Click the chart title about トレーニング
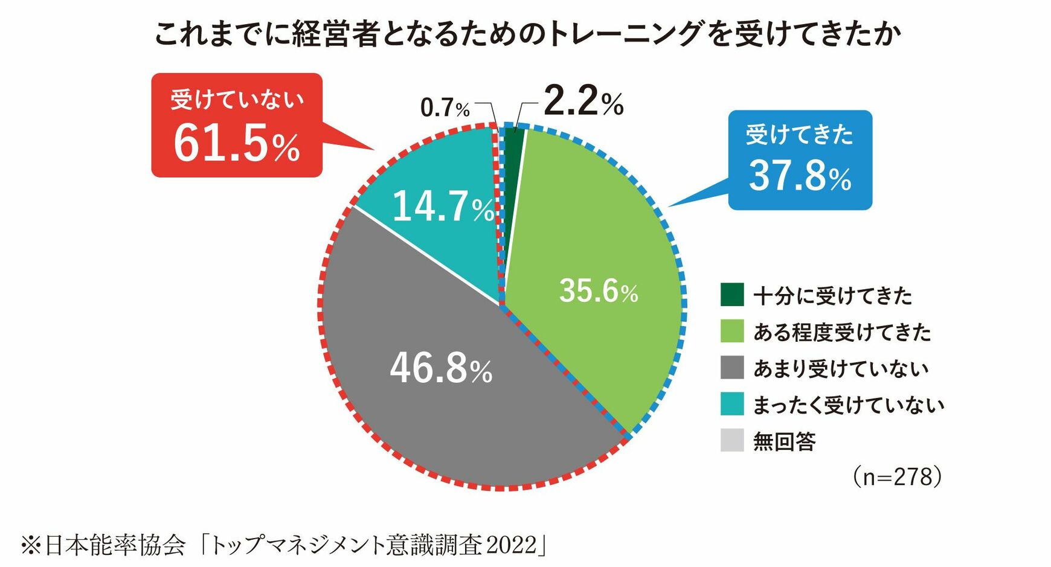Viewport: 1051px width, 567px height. [527, 34]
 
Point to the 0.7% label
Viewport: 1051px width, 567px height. [445, 109]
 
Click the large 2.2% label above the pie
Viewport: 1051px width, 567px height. [583, 101]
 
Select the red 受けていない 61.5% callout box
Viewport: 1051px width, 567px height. [237, 126]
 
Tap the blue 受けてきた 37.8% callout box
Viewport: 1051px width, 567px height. [800, 161]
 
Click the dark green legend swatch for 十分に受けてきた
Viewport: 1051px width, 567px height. [731, 295]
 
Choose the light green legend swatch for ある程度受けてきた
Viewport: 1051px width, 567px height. [731, 332]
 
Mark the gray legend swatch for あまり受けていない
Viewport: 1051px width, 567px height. [731, 368]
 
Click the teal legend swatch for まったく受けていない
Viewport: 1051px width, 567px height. [731, 405]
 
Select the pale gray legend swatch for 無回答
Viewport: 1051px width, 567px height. [731, 441]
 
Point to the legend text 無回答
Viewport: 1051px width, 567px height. [784, 441]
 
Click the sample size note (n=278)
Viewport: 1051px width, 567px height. [897, 477]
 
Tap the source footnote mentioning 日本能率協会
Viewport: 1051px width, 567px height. [284, 545]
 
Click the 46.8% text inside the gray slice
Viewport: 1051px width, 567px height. [441, 368]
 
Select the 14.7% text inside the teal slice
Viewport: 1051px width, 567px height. [443, 207]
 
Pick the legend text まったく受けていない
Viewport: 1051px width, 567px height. [848, 405]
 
